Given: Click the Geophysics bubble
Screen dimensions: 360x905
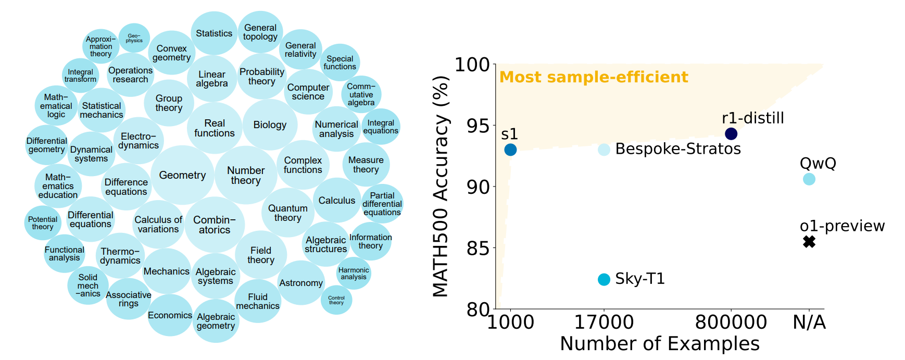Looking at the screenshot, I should [x=134, y=38].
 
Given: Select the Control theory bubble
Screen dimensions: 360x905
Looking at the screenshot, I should [x=336, y=300].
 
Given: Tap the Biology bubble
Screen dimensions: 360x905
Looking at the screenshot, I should [x=270, y=125].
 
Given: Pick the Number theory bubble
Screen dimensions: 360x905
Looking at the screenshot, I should [x=246, y=175].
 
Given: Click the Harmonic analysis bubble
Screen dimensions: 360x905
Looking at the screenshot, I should [x=354, y=273].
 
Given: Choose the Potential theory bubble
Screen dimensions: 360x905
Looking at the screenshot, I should [x=43, y=223].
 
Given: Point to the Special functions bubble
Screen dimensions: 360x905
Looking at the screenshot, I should [x=340, y=63].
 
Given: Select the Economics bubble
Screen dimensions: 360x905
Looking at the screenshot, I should [x=170, y=315].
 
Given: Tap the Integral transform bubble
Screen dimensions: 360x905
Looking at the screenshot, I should [x=80, y=76].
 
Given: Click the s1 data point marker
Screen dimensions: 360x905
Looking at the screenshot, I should [x=510, y=150].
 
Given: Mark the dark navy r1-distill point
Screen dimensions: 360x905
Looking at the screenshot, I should [x=731, y=134].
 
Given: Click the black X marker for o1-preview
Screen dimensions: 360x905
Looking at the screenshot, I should [x=809, y=242].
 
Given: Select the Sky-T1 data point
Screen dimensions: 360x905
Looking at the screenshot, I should [x=604, y=280].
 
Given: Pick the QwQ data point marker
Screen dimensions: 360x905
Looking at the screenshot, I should [x=809, y=179].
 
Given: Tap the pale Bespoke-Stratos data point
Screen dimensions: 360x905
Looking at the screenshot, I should [x=604, y=150].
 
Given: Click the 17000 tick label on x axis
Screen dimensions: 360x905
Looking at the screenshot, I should [x=604, y=322].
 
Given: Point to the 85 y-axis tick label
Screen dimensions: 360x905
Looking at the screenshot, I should [x=478, y=248].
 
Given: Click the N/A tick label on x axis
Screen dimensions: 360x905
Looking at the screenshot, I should [x=809, y=322].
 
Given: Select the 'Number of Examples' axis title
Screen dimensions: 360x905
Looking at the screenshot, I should [x=659, y=344].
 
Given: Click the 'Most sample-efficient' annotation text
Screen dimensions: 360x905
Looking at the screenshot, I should [x=594, y=77].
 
